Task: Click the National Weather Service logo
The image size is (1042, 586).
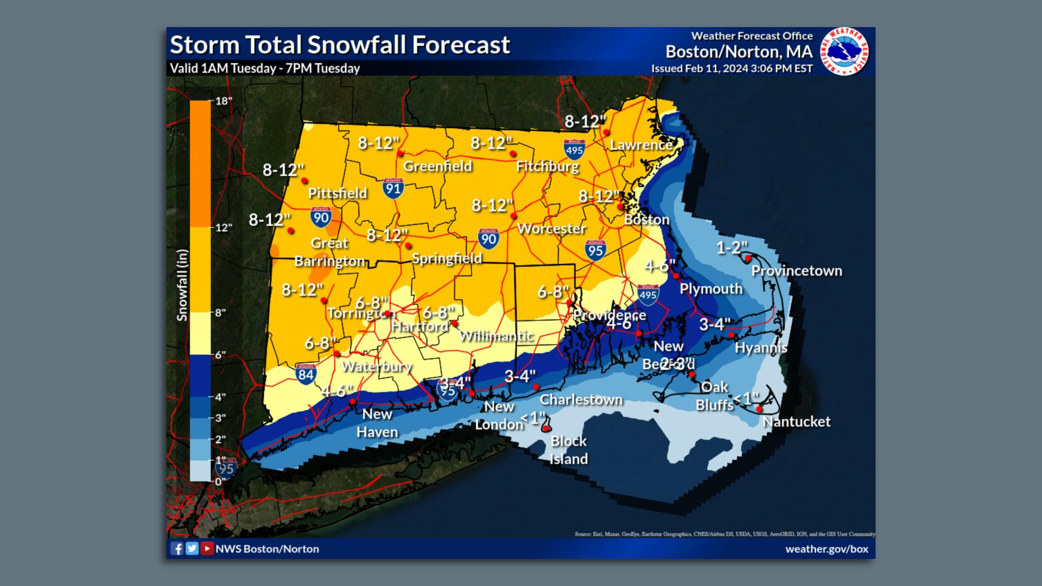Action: pos(844,52)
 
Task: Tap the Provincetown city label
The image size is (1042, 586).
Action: pos(796,271)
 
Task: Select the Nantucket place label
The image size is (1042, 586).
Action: pos(796,422)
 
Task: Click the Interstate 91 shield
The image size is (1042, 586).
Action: pos(392,188)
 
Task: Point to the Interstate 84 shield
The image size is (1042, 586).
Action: pos(306,374)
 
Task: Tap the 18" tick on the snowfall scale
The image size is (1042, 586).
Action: pos(223,101)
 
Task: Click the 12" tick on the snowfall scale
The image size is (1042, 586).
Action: pos(223,227)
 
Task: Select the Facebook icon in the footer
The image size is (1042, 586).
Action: pos(177,549)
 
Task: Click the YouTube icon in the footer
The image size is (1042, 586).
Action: pos(207,549)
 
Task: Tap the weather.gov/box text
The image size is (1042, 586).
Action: pos(827,549)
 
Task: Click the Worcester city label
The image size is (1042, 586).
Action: pos(551,228)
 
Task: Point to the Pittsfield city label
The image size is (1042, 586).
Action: pos(337,193)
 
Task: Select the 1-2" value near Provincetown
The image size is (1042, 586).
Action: pos(731,248)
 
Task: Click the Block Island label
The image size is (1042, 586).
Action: pos(568,450)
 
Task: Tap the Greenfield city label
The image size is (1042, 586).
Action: pos(437,166)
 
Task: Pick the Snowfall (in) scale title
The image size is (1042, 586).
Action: pos(182,285)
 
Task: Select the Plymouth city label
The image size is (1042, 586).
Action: pos(710,289)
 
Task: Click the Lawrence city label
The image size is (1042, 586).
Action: pos(641,145)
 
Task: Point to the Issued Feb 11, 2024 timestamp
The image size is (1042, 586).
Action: pos(732,68)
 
